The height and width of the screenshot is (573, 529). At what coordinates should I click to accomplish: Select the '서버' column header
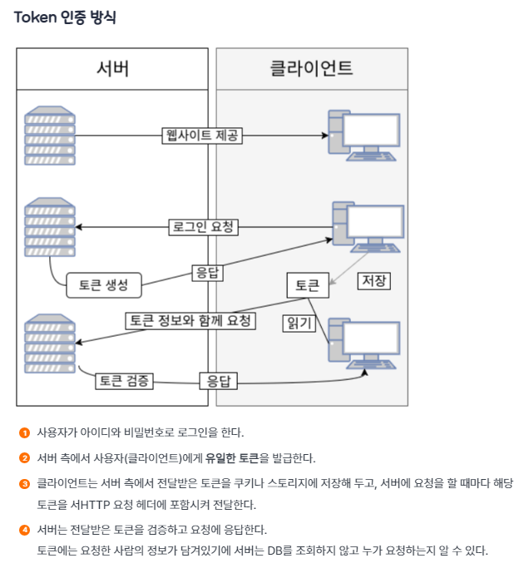tap(112, 68)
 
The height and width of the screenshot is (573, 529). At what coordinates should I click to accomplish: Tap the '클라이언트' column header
tap(312, 68)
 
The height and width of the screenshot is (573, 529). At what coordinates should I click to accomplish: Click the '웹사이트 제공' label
tap(202, 136)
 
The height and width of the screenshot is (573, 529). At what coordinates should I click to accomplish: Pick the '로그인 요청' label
tap(202, 226)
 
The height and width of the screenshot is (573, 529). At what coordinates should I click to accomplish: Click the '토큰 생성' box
tap(103, 284)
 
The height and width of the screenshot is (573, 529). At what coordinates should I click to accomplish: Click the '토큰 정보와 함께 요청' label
tap(190, 320)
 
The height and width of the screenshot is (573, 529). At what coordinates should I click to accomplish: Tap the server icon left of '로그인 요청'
tap(50, 226)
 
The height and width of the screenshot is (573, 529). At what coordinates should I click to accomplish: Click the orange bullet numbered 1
tap(24, 432)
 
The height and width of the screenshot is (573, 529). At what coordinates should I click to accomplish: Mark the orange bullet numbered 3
tap(24, 483)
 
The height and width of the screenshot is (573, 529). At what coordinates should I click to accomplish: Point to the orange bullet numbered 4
tap(24, 530)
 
